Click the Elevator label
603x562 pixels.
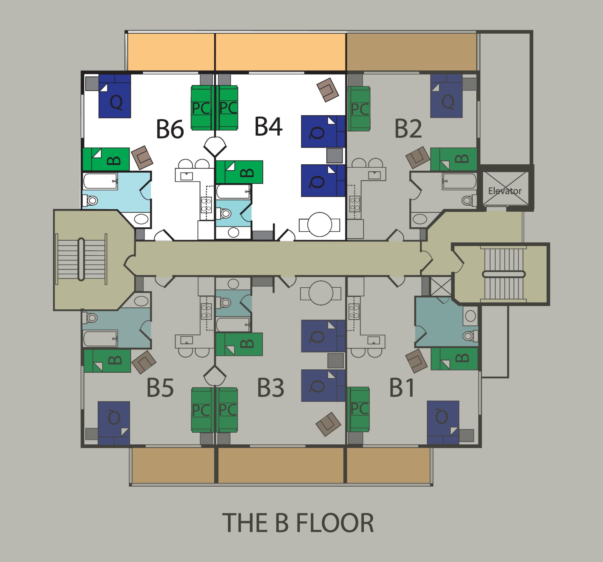click(505, 191)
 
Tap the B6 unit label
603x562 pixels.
click(170, 129)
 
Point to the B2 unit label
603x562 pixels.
click(408, 129)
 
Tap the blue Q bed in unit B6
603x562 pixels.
click(115, 96)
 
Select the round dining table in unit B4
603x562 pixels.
click(320, 224)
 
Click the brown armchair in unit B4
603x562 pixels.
click(328, 90)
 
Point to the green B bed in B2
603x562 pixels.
click(453, 159)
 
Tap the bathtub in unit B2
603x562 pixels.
click(459, 181)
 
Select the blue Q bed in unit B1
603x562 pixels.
click(443, 422)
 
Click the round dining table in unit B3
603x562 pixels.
click(321, 293)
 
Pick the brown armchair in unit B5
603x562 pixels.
click(144, 362)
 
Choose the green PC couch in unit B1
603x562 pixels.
click(358, 409)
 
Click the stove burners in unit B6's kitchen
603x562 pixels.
click(206, 204)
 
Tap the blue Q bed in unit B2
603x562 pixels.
click(446, 96)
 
